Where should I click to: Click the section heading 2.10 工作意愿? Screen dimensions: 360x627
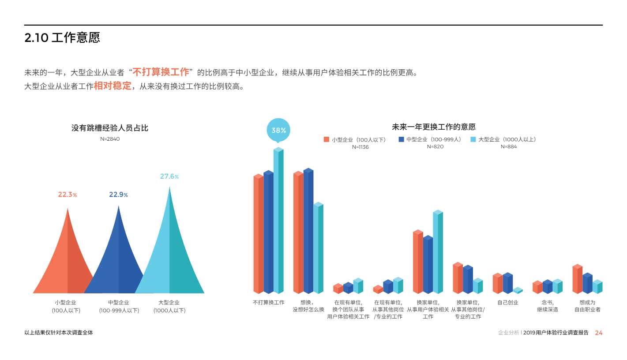pyautogui.click(x=62, y=38)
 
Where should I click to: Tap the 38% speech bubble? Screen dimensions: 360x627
pyautogui.click(x=278, y=130)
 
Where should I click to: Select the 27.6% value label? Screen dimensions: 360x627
pyautogui.click(x=169, y=176)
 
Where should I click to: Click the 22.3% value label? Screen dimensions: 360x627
pyautogui.click(x=68, y=195)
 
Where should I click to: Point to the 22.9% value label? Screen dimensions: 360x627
pyautogui.click(x=118, y=195)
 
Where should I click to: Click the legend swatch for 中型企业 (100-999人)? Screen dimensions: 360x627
pyautogui.click(x=401, y=139)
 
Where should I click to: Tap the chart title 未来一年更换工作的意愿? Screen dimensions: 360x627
pyautogui.click(x=433, y=127)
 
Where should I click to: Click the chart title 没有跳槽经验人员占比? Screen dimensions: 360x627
pyautogui.click(x=110, y=128)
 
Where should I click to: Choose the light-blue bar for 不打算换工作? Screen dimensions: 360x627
pyautogui.click(x=278, y=221)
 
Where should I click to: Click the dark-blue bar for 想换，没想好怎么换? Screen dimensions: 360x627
pyautogui.click(x=308, y=232)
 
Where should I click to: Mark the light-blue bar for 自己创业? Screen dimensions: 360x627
pyautogui.click(x=518, y=291)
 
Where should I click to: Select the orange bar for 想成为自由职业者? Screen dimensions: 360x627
pyautogui.click(x=577, y=280)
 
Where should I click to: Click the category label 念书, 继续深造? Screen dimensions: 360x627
pyautogui.click(x=547, y=306)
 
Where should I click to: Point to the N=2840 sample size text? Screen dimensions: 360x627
pyautogui.click(x=110, y=139)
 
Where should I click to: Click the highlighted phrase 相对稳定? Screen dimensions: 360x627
pyautogui.click(x=113, y=86)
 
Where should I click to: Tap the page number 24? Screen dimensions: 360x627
pyautogui.click(x=598, y=333)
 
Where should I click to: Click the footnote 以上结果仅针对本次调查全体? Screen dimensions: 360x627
pyautogui.click(x=59, y=333)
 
